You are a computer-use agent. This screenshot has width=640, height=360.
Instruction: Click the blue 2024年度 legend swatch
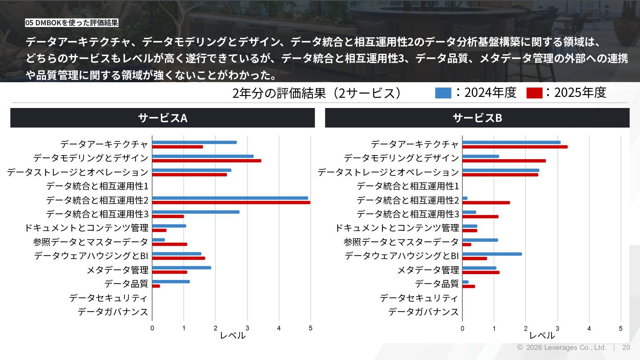443,93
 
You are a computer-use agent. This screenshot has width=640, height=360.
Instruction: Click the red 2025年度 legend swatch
534,93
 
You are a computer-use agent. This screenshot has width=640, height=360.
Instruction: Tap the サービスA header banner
163,118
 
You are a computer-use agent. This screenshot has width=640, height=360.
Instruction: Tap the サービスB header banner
477,118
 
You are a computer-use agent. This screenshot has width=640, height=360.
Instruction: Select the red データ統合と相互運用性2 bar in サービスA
231,202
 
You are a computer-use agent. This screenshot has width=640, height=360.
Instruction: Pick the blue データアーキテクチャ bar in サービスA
194,142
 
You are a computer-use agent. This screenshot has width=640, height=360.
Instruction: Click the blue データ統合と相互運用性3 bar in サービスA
196,212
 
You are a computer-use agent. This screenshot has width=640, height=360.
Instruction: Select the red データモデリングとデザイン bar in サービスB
504,161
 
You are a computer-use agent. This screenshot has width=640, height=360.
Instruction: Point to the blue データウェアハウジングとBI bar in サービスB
492,254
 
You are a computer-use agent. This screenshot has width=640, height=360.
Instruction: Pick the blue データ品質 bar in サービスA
171,281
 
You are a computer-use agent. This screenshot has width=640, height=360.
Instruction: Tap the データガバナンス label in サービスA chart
113,312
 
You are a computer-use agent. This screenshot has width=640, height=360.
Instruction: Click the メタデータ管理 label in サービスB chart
428,270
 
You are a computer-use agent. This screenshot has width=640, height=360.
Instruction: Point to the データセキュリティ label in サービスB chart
419,298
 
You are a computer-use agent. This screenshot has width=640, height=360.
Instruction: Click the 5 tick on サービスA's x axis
310,328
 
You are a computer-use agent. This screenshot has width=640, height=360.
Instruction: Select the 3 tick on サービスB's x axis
557,328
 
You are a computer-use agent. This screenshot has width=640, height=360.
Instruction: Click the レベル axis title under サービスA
232,336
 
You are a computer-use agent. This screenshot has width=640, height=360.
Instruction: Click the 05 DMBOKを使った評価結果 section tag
72,23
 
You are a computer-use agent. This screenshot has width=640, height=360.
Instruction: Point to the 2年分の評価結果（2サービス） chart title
317,93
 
